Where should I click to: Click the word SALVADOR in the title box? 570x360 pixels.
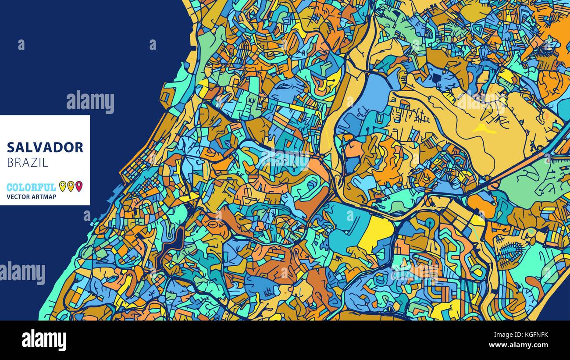pos(45,147)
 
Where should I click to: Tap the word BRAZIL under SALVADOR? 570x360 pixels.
pos(27,162)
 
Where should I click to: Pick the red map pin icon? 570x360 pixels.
pos(79,186)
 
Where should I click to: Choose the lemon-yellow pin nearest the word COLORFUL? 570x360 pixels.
pos(62,186)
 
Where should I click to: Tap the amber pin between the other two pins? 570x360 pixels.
pos(71,186)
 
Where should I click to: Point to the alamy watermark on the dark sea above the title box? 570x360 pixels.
pos(90,102)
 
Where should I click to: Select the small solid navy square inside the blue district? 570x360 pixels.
pos(437,78)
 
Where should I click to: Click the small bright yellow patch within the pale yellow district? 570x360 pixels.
pos(484,128)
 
